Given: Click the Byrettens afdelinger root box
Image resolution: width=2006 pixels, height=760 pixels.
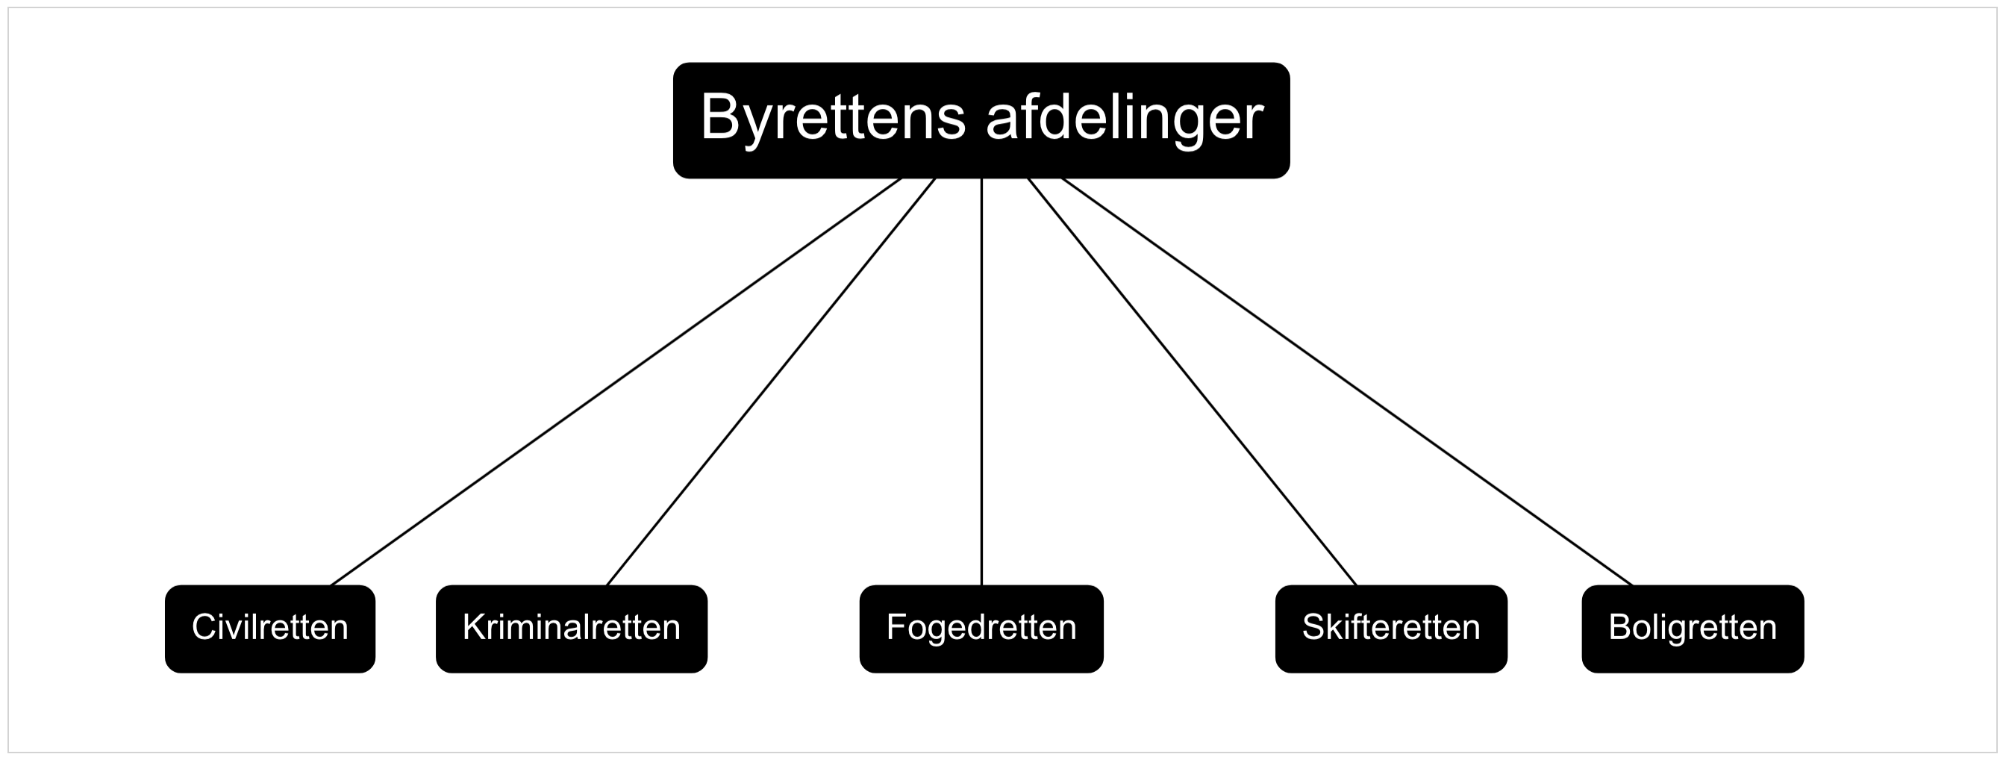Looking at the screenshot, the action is click(x=981, y=121).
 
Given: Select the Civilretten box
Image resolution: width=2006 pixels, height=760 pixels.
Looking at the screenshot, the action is click(x=270, y=629).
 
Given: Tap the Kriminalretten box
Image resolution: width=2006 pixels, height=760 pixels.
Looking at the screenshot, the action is click(x=572, y=629).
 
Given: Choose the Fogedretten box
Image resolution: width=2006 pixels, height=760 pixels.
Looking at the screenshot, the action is click(x=981, y=629).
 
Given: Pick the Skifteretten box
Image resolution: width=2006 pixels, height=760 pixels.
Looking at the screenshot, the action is click(x=1392, y=629).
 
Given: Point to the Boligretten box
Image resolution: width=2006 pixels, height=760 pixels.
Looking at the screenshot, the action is click(x=1693, y=629).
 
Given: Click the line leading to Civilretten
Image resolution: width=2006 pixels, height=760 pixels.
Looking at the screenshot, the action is click(x=616, y=381).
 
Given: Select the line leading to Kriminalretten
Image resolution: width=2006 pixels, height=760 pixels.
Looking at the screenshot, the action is click(x=771, y=381).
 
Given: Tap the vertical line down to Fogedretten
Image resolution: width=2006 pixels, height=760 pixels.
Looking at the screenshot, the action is click(x=981, y=381).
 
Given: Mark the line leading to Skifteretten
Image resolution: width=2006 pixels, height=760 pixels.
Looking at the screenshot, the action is click(x=1193, y=381).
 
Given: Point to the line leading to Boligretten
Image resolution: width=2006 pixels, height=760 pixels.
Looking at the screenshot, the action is click(x=1347, y=381).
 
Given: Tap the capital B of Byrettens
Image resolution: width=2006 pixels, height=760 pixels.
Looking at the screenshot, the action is click(x=719, y=116).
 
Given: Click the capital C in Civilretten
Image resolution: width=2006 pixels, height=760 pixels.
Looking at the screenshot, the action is click(x=204, y=628).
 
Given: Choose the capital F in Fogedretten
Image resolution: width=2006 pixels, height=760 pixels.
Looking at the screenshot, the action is click(x=897, y=628).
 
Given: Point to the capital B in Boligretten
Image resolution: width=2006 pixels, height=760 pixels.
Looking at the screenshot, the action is click(x=1620, y=628).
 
